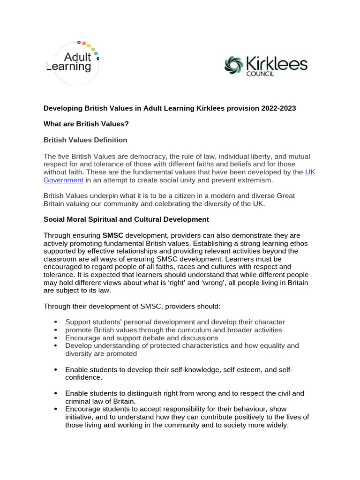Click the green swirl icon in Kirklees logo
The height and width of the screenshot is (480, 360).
(234, 65)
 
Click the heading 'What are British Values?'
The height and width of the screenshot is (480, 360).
(86, 124)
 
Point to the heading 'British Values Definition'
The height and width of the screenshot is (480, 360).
(85, 140)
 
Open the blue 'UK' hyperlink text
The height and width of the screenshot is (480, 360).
(310, 172)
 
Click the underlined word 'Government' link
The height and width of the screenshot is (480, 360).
(63, 180)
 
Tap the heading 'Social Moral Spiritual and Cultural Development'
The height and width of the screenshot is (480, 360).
(126, 219)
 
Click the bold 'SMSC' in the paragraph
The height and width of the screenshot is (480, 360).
(112, 235)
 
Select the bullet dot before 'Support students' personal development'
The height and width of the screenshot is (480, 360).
(55, 322)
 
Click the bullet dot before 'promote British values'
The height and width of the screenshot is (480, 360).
(55, 330)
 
